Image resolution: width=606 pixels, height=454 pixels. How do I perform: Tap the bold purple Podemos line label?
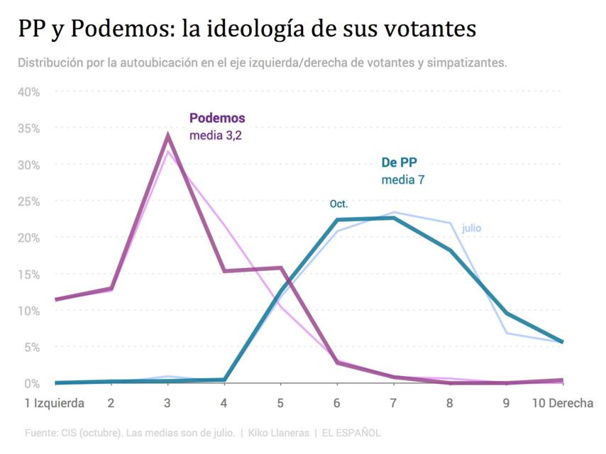coord(216,118)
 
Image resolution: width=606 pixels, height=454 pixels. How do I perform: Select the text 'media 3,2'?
coord(216,135)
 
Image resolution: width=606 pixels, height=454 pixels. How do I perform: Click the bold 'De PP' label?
coord(400,162)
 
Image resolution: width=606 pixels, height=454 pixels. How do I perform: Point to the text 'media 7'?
coord(402,179)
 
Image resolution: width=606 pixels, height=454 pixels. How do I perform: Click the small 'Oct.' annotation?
coord(339,204)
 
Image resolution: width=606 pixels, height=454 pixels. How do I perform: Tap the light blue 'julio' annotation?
coord(471,228)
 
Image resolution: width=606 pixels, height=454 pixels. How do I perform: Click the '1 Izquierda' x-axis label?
coord(50,403)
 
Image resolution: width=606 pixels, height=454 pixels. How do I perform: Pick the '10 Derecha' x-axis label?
coord(562,403)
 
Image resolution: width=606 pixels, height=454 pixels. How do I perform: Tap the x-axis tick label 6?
coord(336,403)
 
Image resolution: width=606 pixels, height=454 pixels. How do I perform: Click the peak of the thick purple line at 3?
coord(168,135)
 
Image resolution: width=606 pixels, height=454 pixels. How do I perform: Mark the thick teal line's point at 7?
coord(392,218)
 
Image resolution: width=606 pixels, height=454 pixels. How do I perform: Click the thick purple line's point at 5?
coord(280,268)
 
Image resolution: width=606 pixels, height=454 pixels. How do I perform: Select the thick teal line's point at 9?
coord(506,313)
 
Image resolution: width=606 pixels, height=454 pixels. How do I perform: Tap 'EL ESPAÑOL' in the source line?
coord(351,432)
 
